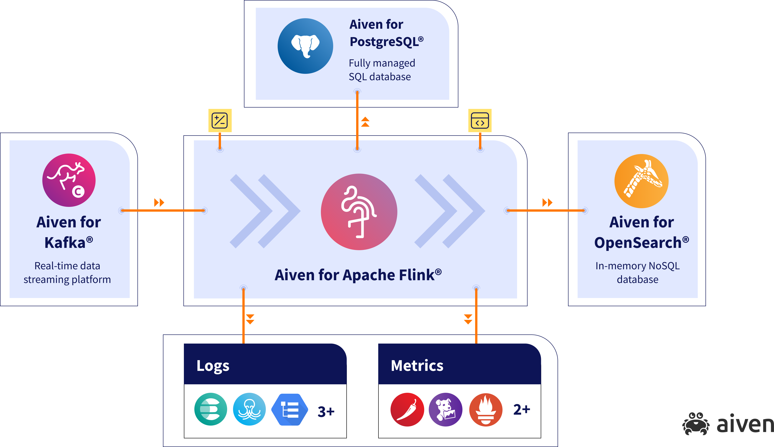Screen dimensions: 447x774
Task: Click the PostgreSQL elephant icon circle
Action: (x=305, y=46)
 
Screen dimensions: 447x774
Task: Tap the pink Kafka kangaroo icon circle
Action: (x=69, y=180)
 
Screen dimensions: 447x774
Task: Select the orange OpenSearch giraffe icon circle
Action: (x=641, y=181)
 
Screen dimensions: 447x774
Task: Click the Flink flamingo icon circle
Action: (x=359, y=212)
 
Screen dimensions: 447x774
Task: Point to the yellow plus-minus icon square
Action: (x=220, y=120)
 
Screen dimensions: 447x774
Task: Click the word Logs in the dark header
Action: (x=213, y=366)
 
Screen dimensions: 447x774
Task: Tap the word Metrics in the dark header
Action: (x=417, y=366)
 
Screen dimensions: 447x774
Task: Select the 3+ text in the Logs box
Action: (x=326, y=411)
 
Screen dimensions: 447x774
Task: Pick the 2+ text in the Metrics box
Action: (x=522, y=409)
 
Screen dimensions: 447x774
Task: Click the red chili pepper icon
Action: (x=407, y=410)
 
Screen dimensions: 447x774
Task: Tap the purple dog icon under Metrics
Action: (x=445, y=410)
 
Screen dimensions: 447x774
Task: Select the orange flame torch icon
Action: (x=486, y=410)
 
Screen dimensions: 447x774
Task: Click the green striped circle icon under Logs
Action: (x=211, y=409)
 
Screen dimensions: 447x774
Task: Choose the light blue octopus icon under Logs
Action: (x=249, y=409)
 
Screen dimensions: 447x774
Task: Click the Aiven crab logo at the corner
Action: (x=695, y=424)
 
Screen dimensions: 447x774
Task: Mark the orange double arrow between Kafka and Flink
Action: (x=159, y=203)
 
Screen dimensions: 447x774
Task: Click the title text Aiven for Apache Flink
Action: (x=358, y=275)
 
